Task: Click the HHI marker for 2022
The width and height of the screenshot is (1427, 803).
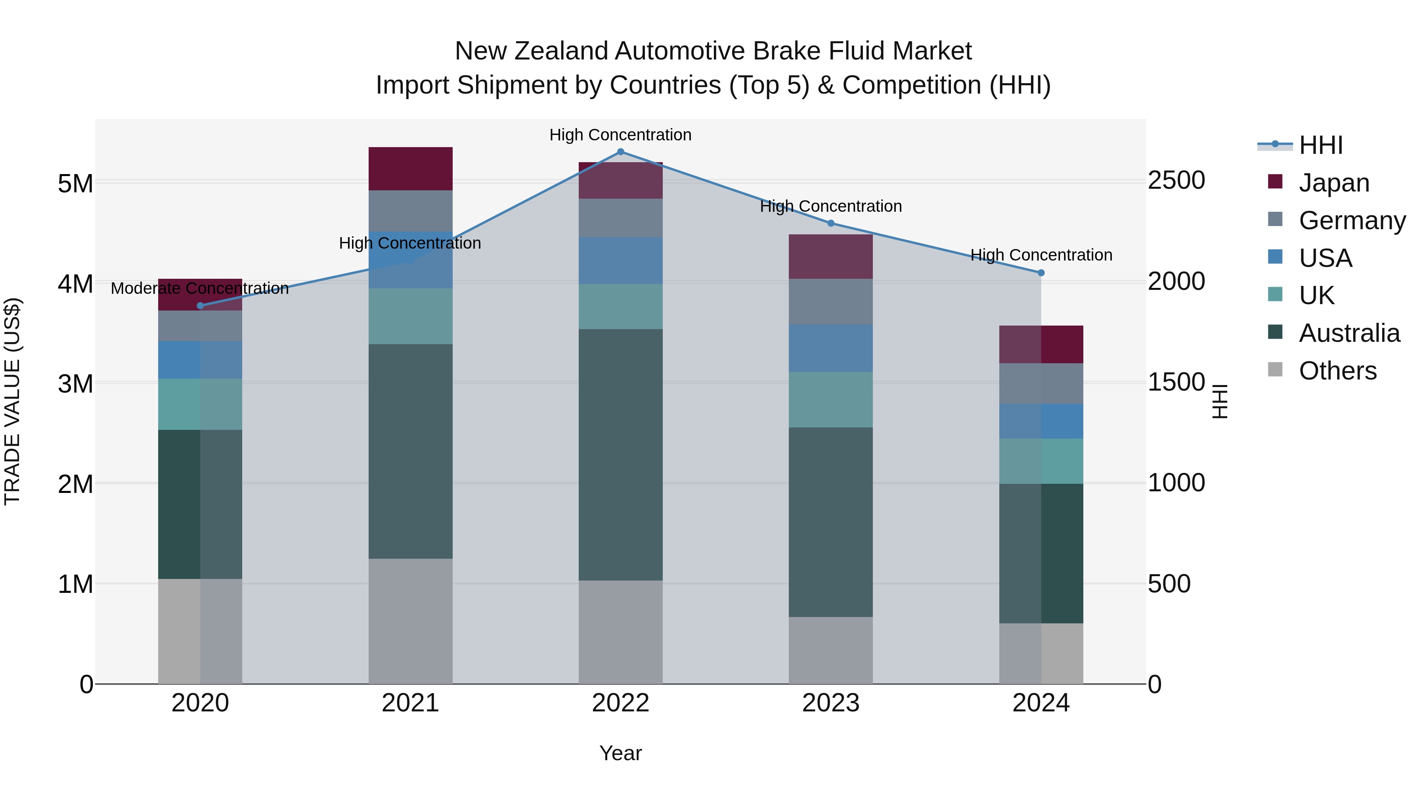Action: pos(620,152)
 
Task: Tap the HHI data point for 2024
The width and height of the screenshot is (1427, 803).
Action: pos(1041,273)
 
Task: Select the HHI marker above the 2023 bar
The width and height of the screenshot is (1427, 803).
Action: pos(830,223)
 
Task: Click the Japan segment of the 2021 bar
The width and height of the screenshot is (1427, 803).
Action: pos(411,169)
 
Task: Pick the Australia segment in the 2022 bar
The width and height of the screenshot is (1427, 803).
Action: pos(620,454)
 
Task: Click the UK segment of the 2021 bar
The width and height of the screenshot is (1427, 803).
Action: pos(411,316)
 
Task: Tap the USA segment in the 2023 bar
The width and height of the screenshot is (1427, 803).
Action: pos(830,348)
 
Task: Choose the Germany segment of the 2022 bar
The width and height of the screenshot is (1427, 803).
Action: pos(620,218)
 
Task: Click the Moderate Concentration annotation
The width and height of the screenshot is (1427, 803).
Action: pos(200,288)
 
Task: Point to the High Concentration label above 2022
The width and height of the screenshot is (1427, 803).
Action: pos(620,135)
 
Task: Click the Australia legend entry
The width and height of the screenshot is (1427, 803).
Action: pos(1349,333)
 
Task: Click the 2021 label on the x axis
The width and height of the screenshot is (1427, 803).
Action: pos(411,703)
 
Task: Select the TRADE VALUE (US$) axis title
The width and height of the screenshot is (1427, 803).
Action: pos(12,401)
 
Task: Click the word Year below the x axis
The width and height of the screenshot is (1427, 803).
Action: pos(620,753)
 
